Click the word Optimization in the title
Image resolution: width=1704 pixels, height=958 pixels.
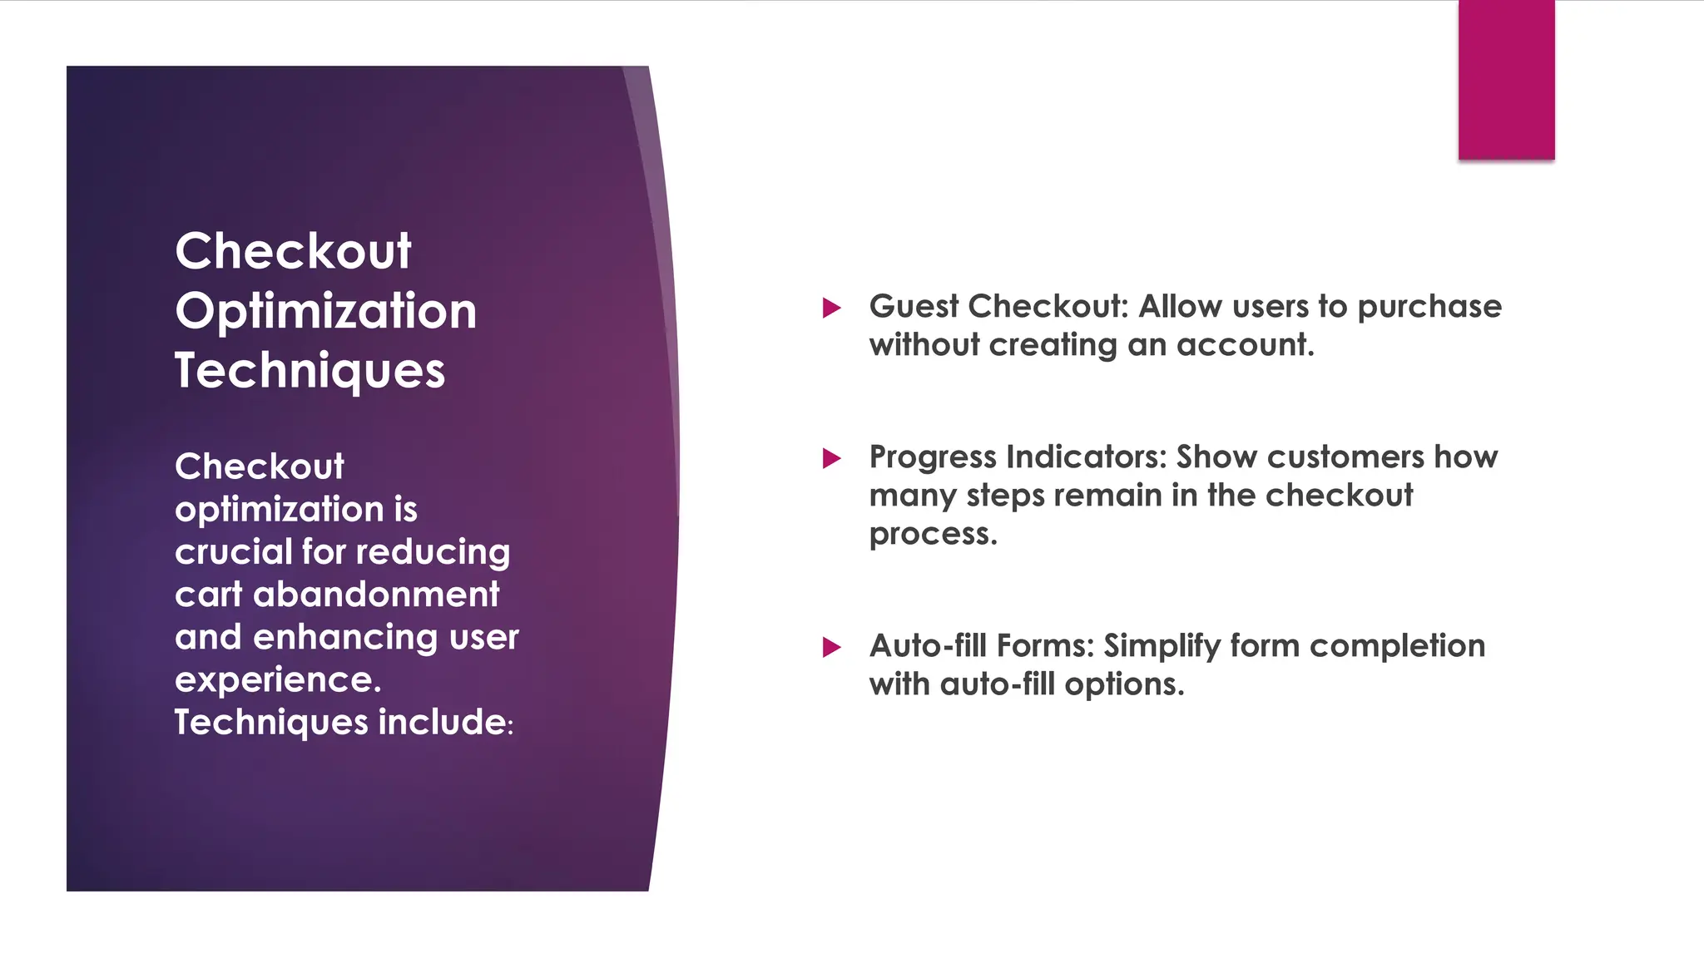click(325, 312)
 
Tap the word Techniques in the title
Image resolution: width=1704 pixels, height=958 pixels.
click(310, 371)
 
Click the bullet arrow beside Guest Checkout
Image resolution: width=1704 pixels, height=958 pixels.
click(831, 309)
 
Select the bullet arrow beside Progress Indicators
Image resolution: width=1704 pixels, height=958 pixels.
click(831, 458)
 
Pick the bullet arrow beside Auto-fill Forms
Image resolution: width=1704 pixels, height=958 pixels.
click(831, 647)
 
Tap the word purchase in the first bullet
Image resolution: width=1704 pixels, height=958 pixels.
click(1429, 307)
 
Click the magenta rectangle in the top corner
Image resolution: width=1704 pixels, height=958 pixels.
click(1506, 80)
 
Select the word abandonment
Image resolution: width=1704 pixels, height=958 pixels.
click(375, 595)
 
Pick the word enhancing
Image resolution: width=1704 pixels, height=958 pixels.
click(345, 638)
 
